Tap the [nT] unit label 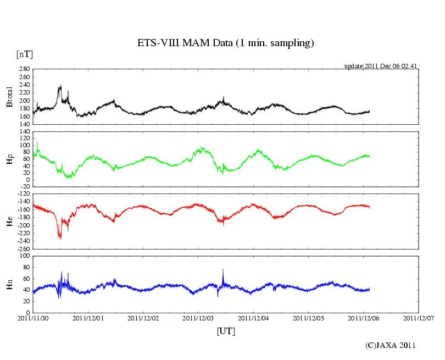pyautogui.click(x=24, y=54)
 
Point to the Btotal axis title pyautogui.click(x=9, y=97)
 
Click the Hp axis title pyautogui.click(x=9, y=159)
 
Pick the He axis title pyautogui.click(x=9, y=221)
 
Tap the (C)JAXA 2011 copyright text pyautogui.click(x=391, y=345)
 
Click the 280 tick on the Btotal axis pyautogui.click(x=24, y=69)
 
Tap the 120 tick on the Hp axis pyautogui.click(x=24, y=132)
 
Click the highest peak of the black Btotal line pyautogui.click(x=60, y=86)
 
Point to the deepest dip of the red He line pyautogui.click(x=60, y=239)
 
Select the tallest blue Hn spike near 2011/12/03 pyautogui.click(x=223, y=269)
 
